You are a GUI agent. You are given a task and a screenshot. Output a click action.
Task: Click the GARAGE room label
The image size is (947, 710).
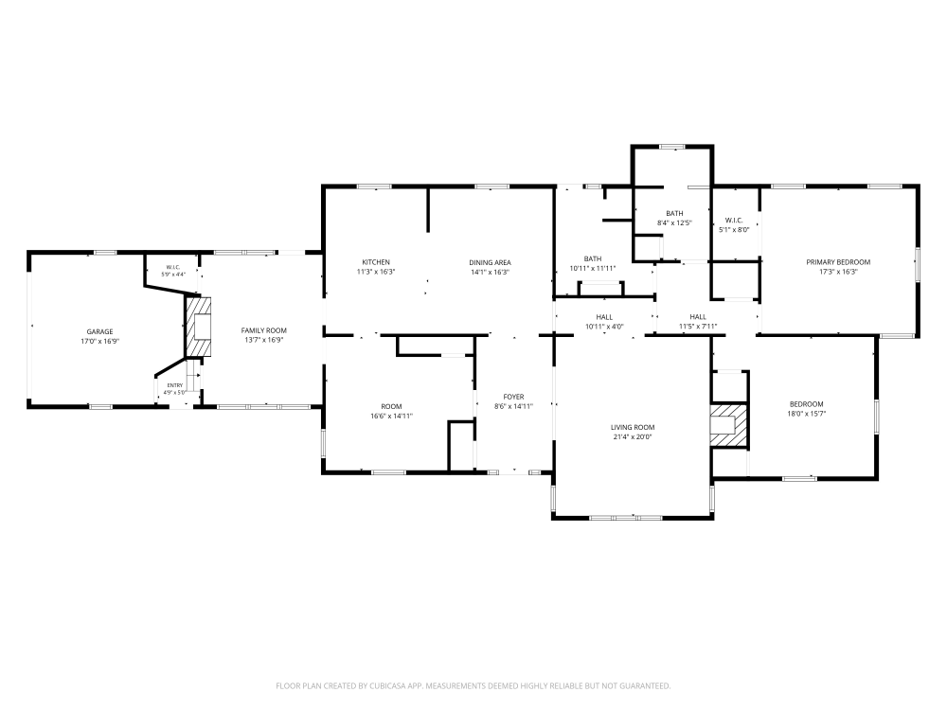click(99, 331)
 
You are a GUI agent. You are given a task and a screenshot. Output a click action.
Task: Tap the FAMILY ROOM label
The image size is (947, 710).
click(264, 330)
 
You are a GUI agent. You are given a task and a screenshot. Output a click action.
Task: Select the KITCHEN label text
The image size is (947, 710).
click(376, 262)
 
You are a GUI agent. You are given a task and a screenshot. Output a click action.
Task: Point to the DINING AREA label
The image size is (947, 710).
click(490, 262)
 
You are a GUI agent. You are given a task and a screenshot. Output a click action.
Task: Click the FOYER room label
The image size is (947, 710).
click(513, 397)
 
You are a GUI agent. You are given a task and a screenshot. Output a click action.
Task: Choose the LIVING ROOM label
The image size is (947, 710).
click(633, 428)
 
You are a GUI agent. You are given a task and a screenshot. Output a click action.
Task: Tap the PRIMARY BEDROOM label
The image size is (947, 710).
click(838, 262)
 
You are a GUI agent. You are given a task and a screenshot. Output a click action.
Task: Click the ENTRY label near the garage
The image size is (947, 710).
click(174, 385)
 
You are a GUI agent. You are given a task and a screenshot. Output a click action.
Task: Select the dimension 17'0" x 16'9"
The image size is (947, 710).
click(99, 341)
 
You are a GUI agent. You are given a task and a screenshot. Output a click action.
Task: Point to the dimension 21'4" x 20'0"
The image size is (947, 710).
click(633, 437)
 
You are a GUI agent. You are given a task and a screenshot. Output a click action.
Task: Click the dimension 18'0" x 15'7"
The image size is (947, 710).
click(806, 414)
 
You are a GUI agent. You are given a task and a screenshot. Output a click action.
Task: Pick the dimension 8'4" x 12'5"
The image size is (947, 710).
click(674, 222)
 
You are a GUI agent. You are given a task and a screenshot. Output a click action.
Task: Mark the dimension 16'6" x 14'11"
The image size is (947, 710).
click(391, 416)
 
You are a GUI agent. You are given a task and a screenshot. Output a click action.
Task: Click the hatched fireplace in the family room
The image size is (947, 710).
click(198, 326)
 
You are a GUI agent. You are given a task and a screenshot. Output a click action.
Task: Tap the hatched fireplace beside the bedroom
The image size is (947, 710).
click(729, 426)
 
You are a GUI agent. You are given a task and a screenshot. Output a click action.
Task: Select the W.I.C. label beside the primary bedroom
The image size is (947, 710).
click(734, 221)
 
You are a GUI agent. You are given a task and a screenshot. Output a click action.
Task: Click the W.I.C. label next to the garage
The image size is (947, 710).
click(172, 267)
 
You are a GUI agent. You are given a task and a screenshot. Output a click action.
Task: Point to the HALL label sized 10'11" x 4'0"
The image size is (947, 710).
click(604, 317)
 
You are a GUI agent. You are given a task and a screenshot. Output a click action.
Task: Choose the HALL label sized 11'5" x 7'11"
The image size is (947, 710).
click(698, 317)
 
